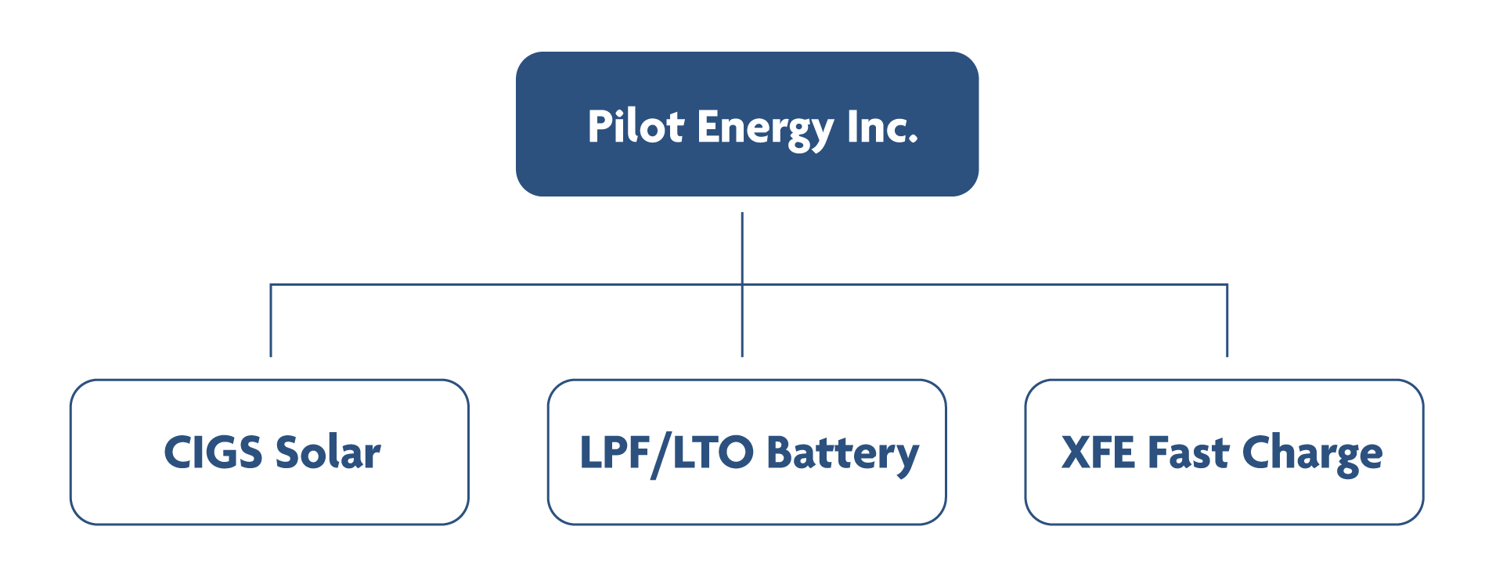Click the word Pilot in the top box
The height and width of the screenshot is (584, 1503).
tap(636, 127)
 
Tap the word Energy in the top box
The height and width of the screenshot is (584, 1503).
tap(766, 128)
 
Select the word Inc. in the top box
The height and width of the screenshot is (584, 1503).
tap(881, 127)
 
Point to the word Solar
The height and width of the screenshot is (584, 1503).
tap(327, 452)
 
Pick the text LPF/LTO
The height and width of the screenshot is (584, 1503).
tap(666, 453)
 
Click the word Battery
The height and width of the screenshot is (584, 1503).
tap(842, 455)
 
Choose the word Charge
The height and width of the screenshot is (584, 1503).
tap(1312, 455)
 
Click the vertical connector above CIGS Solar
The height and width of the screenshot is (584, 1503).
tap(270, 321)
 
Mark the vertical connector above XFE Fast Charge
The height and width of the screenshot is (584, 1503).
tap(1227, 321)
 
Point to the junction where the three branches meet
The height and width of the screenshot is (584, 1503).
tap(741, 284)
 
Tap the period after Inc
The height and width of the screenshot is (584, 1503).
tap(913, 142)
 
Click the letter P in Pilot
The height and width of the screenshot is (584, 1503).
tap(598, 127)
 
